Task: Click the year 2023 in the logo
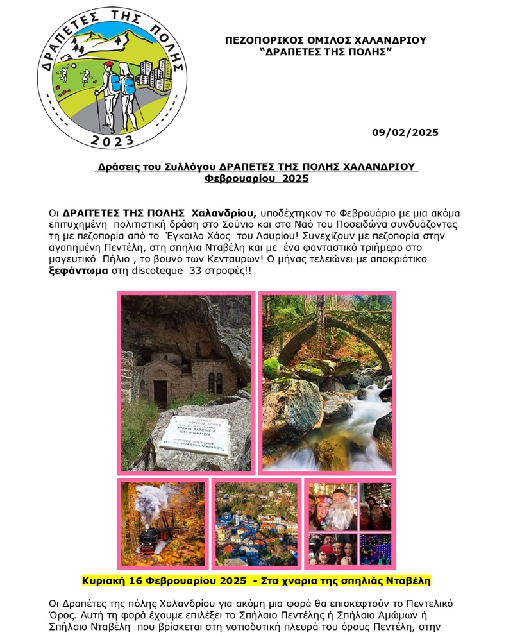[x=112, y=140]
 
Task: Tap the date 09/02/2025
[x=405, y=133]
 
